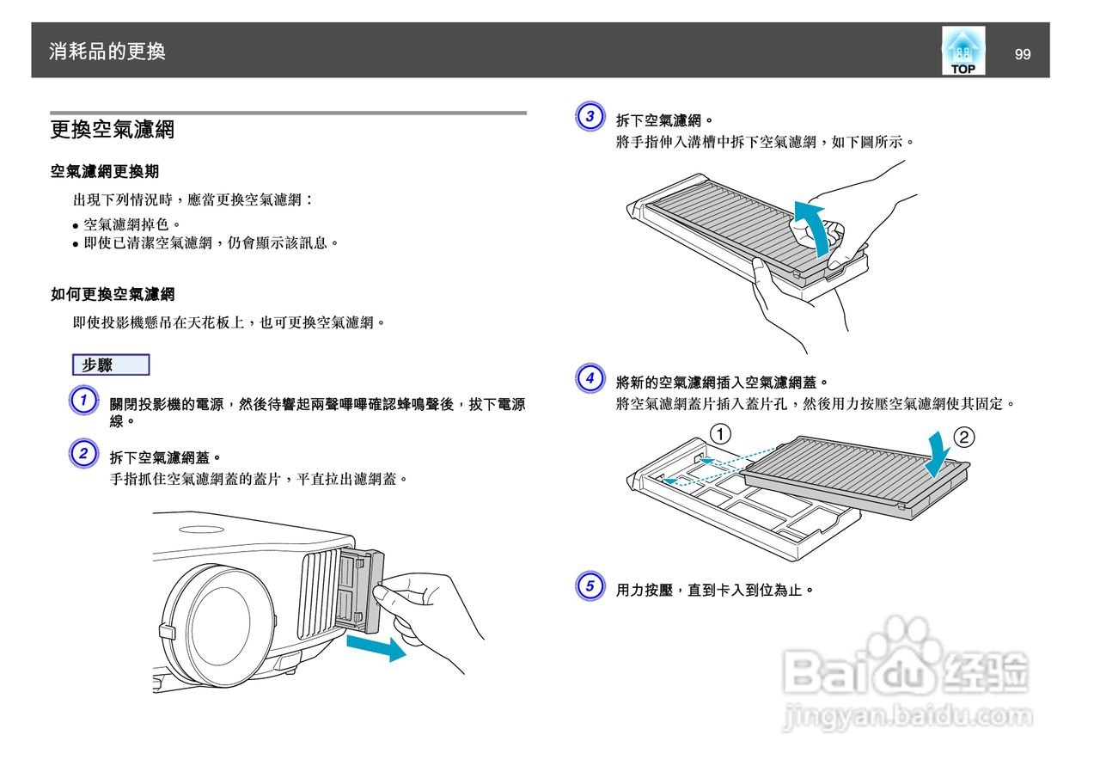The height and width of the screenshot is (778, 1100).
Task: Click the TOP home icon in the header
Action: pos(962,52)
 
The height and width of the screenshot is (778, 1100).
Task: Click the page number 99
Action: pos(1022,54)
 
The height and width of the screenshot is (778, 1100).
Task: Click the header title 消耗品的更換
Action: pos(107,52)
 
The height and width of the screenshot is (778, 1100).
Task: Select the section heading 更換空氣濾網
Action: pos(113,130)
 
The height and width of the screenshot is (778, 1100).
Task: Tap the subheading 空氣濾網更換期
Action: pos(104,172)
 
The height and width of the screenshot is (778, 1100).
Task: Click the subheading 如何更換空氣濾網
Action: pos(113,295)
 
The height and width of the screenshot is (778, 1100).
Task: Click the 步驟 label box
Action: pos(111,364)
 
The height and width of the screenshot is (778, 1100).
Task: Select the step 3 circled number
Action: pos(589,117)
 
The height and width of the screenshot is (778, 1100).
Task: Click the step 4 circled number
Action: pos(589,377)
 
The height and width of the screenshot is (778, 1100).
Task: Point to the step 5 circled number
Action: pos(589,587)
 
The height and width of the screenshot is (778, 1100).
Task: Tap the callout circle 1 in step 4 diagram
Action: pos(720,432)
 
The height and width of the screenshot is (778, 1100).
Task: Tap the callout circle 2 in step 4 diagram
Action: pos(964,437)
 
